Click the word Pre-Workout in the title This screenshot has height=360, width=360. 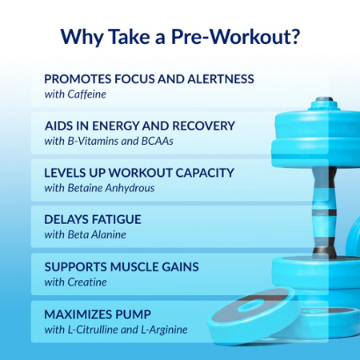230,36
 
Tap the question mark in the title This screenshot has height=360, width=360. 295,36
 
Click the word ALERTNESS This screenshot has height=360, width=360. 221,79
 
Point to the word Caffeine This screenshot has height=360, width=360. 86,94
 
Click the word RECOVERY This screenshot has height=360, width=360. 204,126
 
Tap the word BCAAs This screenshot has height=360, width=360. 158,141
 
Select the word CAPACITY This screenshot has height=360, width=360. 205,173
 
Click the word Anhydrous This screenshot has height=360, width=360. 130,188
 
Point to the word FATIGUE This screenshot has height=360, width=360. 116,219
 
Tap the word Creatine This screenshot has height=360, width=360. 87,282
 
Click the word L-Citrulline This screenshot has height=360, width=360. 93,330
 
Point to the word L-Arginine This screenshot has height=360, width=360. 164,330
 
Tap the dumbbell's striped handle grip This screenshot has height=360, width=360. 324,210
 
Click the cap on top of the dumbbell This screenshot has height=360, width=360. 325,103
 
